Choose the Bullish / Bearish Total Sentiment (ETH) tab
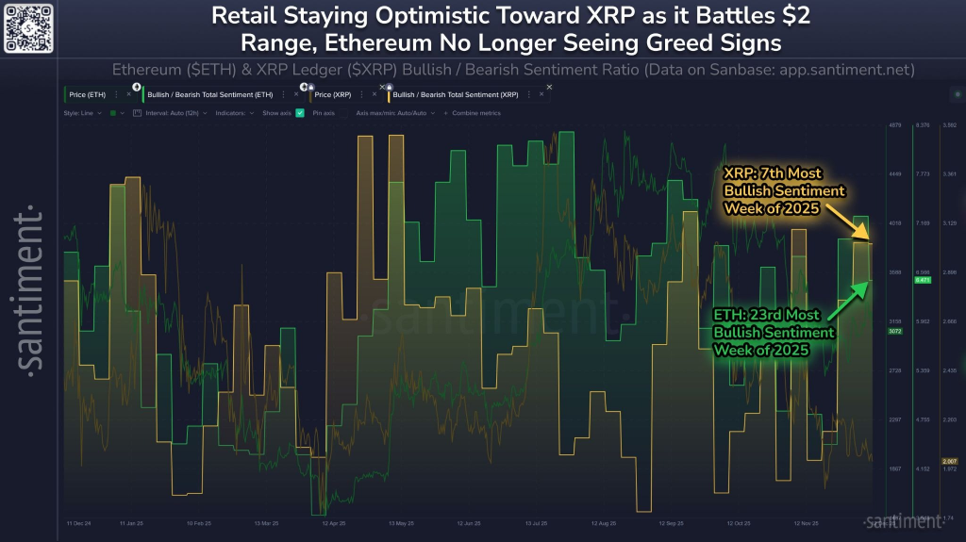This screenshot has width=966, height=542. [x=204, y=94]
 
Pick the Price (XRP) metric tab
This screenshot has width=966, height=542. [x=334, y=94]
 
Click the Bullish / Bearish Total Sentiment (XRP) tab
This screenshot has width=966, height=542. [x=454, y=94]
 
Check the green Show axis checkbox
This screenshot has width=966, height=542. [x=300, y=113]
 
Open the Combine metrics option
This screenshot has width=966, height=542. [x=478, y=113]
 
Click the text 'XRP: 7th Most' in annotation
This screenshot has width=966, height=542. [x=772, y=173]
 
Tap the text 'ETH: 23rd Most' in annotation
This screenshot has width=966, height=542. [x=765, y=315]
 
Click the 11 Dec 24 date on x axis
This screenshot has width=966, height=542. [x=78, y=521]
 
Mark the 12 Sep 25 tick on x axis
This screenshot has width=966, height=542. [x=669, y=521]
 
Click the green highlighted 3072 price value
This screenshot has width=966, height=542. [x=894, y=331]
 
